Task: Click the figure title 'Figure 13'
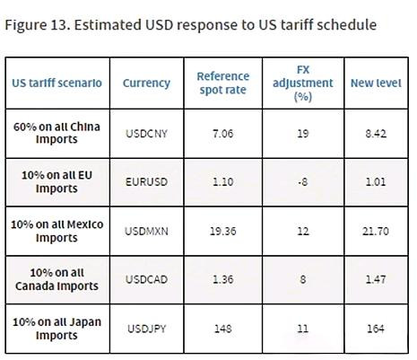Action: coord(38,25)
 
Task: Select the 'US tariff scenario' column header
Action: coord(56,83)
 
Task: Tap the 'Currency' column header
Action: coord(146,83)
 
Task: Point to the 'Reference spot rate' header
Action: coord(223,83)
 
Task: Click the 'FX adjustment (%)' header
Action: coord(303,83)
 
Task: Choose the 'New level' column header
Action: coord(376,83)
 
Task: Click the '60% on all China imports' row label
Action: coord(56,133)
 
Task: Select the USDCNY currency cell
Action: coord(146,134)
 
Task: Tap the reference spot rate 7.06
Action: coord(223,134)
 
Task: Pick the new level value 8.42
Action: coord(376,134)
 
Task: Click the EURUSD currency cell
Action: coord(146,182)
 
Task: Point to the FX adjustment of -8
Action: coord(303,182)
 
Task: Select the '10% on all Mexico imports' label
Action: coord(56,231)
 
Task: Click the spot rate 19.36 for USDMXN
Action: coord(223,231)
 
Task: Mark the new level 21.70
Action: coord(376,231)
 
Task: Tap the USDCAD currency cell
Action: coord(146,279)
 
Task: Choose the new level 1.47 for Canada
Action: coord(376,279)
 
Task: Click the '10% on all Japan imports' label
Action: coord(56,329)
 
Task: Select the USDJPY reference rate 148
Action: coord(223,329)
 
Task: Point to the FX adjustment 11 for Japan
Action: coord(303,329)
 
